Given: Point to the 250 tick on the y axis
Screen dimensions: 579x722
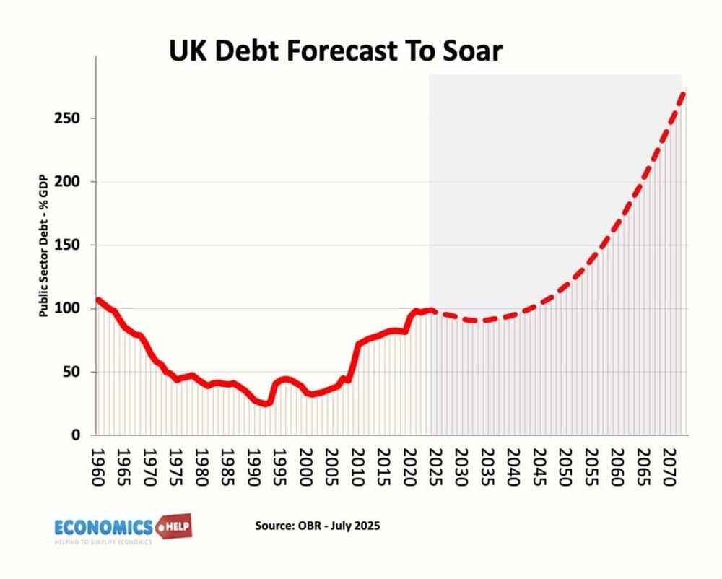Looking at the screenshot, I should coord(68,118).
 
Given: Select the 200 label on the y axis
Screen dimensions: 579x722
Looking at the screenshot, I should coord(68,182).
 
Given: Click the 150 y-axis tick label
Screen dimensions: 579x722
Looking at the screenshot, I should coord(68,245).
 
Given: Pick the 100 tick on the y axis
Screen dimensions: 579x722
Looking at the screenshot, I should coord(68,309).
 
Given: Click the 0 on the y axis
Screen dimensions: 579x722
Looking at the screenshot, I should coord(78,435).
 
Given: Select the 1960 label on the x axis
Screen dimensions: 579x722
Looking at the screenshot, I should coord(99,467).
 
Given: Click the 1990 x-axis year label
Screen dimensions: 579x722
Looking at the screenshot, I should coord(254,467).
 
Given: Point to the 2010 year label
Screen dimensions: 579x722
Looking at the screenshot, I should coord(357,467).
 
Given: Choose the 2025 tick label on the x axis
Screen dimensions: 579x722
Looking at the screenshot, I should coord(435,467).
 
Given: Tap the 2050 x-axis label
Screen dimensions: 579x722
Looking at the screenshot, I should coord(565,467).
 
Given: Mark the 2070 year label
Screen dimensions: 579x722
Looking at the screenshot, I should coord(669,467).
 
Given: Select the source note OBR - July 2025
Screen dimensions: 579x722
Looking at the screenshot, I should coord(317,526).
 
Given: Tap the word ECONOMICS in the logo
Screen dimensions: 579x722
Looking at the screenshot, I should coord(104,526).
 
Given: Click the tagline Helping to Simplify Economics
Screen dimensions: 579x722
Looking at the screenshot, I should coord(104,541).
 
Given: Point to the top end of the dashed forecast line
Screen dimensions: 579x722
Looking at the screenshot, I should coord(683,93).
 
